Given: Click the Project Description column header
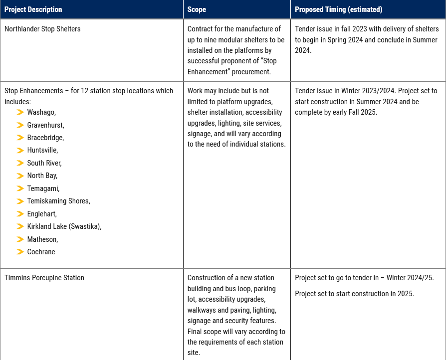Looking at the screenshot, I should pyautogui.click(x=33, y=9).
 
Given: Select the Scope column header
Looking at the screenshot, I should pyautogui.click(x=197, y=9).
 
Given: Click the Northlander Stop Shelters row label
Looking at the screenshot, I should pyautogui.click(x=42, y=29).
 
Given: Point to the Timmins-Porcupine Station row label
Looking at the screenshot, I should pyautogui.click(x=44, y=278).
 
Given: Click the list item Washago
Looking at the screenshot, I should pyautogui.click(x=41, y=112).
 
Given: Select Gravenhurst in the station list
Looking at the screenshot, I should pyautogui.click(x=45, y=125).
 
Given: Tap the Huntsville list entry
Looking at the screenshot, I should pyautogui.click(x=42, y=150).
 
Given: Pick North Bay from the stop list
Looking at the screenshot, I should pyautogui.click(x=42, y=176).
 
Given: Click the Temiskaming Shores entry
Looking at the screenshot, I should pyautogui.click(x=58, y=201).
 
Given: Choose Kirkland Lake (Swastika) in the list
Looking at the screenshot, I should pyautogui.click(x=64, y=226).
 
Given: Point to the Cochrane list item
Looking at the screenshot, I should pyautogui.click(x=41, y=252).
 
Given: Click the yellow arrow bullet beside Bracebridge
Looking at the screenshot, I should pyautogui.click(x=20, y=138).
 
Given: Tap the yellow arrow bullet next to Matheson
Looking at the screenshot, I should pyautogui.click(x=20, y=239).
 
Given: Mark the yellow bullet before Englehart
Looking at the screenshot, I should pyautogui.click(x=20, y=214).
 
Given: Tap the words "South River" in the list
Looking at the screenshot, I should pyautogui.click(x=44, y=163).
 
